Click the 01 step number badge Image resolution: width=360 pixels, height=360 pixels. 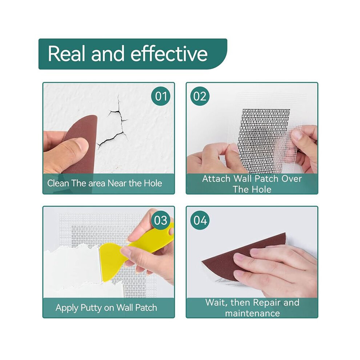click(x=161, y=96)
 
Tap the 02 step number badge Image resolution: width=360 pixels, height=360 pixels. click(x=200, y=96)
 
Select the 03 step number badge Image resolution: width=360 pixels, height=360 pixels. click(x=161, y=220)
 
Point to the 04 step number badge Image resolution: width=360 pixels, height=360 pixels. click(x=200, y=220)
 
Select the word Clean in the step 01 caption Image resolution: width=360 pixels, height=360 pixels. click(x=58, y=183)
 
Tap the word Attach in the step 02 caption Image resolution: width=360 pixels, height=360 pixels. click(x=216, y=179)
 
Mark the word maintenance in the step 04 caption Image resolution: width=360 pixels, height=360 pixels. click(x=252, y=313)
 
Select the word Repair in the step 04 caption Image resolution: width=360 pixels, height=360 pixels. click(x=263, y=303)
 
